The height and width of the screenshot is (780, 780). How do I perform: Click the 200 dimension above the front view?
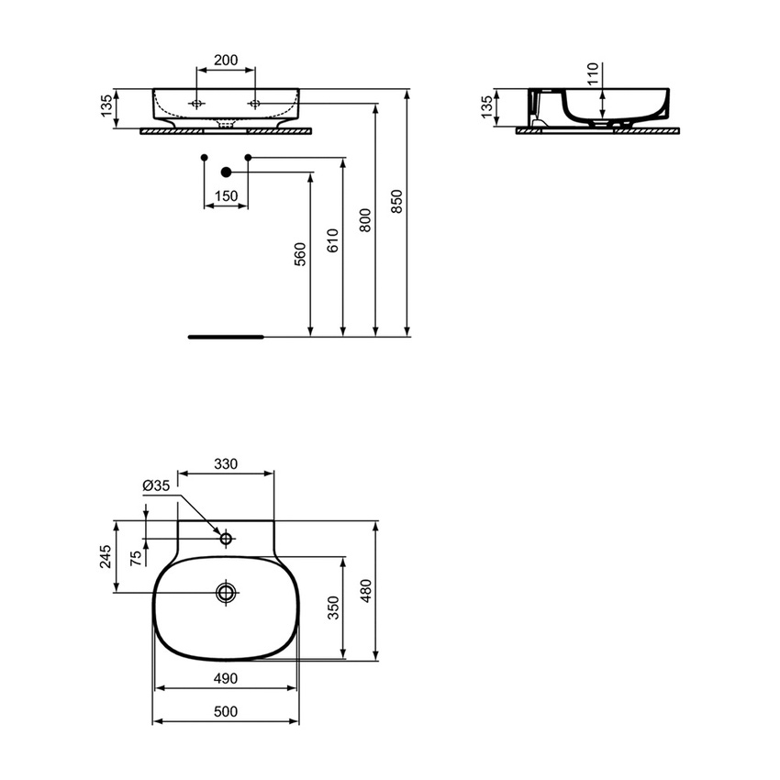click(x=226, y=61)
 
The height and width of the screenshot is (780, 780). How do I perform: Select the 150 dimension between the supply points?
click(x=226, y=195)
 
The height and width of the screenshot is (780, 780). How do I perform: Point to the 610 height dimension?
click(x=332, y=240)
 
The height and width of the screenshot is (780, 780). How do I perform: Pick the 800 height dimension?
click(x=364, y=220)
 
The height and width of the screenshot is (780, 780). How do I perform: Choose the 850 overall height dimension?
click(x=396, y=201)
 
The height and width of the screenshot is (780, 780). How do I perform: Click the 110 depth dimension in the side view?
click(x=592, y=73)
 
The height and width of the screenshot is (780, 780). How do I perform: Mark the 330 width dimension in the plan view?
click(x=226, y=464)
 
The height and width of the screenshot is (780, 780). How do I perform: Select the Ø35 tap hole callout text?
click(x=156, y=485)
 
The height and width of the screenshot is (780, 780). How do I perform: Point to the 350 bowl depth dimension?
click(x=333, y=607)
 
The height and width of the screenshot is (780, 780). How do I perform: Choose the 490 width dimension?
click(x=226, y=678)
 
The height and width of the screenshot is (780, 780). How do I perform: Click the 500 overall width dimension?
click(x=226, y=711)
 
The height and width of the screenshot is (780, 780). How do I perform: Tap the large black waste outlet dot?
click(x=227, y=172)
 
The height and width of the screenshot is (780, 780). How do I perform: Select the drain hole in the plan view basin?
click(x=226, y=593)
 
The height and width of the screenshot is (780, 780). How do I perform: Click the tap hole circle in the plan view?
click(x=226, y=539)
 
